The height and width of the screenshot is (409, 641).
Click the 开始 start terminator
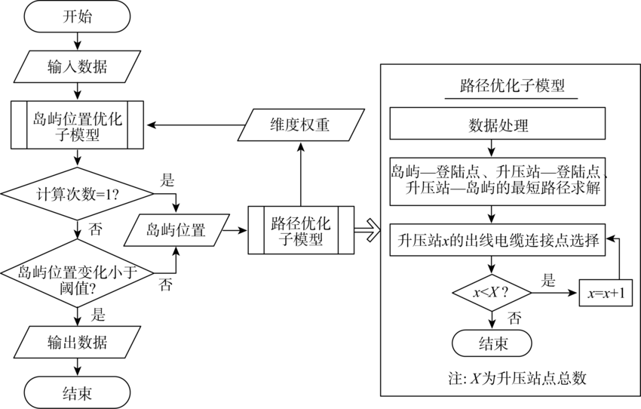click(78, 17)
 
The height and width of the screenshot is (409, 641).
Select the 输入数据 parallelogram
click(78, 66)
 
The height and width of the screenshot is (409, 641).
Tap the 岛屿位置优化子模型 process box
click(78, 125)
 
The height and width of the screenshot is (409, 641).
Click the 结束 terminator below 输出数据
click(78, 392)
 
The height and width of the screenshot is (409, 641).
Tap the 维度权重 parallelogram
click(300, 125)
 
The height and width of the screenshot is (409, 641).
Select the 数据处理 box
click(498, 125)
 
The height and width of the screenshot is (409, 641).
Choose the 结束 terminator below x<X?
click(492, 344)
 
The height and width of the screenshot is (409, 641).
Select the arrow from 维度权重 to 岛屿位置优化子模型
click(192, 125)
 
